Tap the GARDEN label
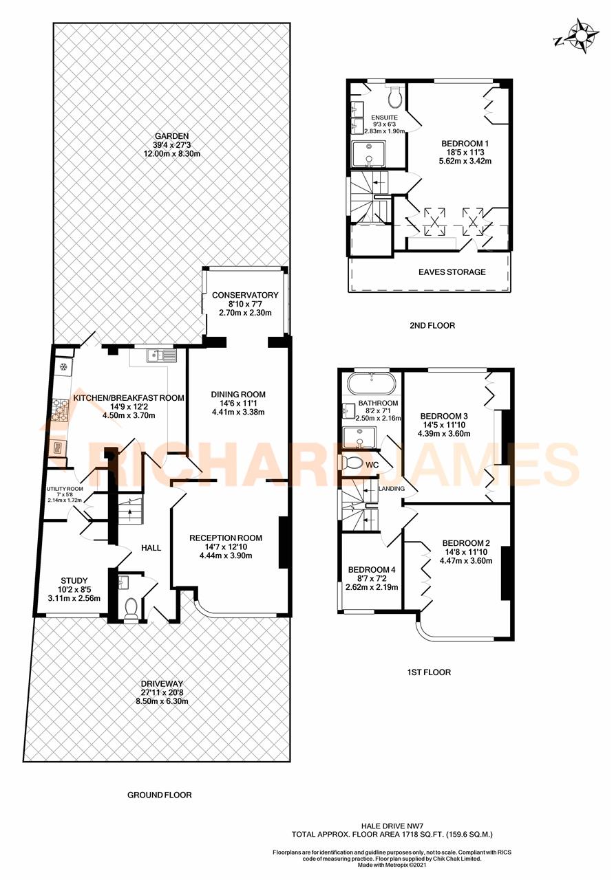tap(171, 136)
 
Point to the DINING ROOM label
tap(238, 395)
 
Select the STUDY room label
tap(74, 579)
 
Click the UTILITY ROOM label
tap(65, 488)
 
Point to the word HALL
tap(151, 548)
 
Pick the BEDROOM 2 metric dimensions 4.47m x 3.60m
tap(466, 560)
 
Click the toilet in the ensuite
tap(395, 98)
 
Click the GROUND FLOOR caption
tap(160, 795)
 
